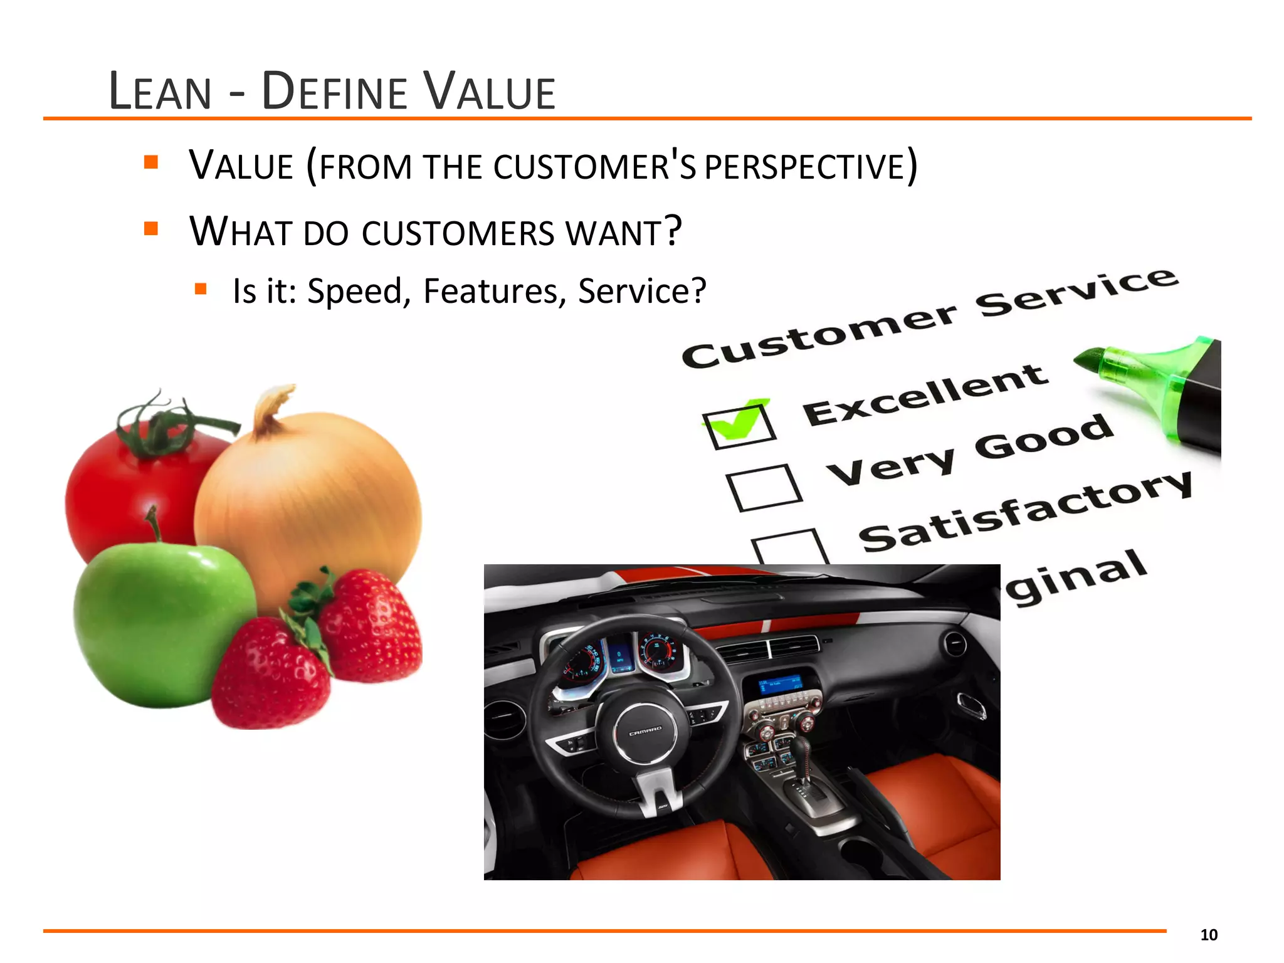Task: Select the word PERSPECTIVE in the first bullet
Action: pyautogui.click(x=804, y=167)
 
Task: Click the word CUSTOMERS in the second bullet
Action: pyautogui.click(x=458, y=233)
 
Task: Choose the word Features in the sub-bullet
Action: pyautogui.click(x=494, y=292)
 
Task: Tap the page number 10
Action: pyautogui.click(x=1208, y=935)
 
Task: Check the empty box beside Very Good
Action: pyautogui.click(x=764, y=488)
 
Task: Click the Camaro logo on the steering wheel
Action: pyautogui.click(x=645, y=729)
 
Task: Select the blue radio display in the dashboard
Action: pyautogui.click(x=779, y=683)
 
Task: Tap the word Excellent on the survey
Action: pyautogui.click(x=925, y=395)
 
